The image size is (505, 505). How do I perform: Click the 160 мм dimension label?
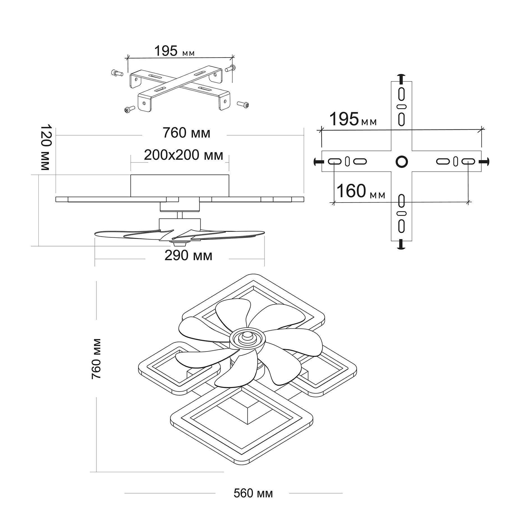pos(361,191)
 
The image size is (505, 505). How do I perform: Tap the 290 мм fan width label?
pos(188,256)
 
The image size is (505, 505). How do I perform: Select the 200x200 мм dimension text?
pos(184,155)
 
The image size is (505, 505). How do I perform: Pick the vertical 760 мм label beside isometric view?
pos(96,359)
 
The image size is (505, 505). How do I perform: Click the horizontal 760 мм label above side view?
pos(186,133)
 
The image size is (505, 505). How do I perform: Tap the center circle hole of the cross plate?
pos(401,161)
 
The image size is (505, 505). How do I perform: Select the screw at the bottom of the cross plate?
pos(401,245)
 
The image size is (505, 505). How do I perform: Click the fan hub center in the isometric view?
pos(247,336)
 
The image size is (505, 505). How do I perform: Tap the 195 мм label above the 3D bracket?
pos(174,51)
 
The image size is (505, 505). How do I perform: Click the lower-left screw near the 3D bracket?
pos(128,110)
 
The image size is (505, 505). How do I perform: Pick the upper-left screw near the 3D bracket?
pos(116,73)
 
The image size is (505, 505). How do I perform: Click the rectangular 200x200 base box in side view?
pos(180,185)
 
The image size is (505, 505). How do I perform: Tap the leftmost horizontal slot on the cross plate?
pos(334,161)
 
